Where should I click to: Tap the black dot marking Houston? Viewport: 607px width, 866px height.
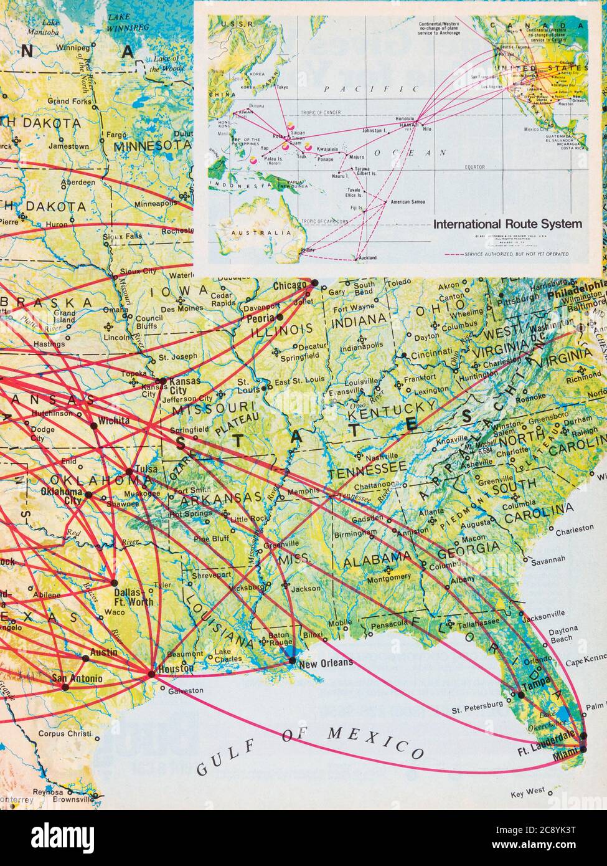click(151, 674)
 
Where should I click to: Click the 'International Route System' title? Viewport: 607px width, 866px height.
click(507, 224)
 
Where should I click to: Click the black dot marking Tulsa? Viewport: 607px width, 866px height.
click(129, 472)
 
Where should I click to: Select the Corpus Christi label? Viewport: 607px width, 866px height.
click(64, 734)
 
